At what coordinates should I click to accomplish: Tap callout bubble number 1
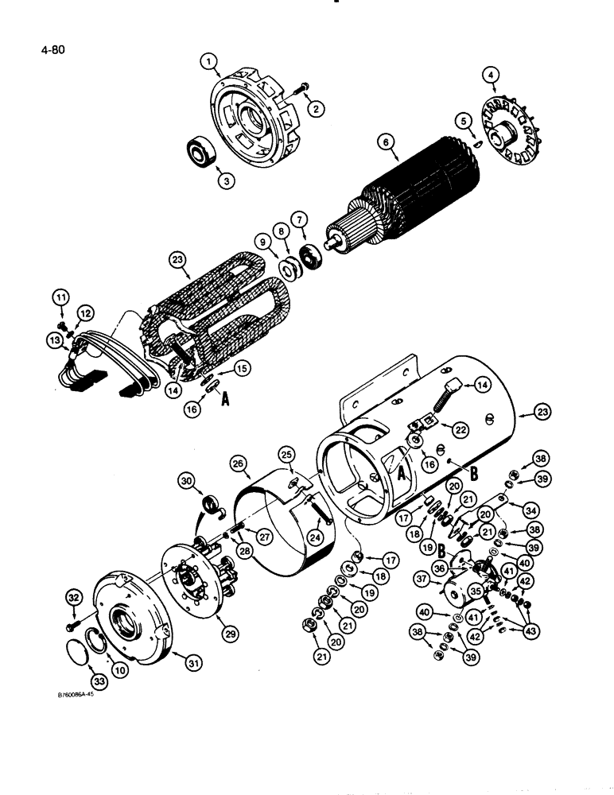click(x=208, y=60)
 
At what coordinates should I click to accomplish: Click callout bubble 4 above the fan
click(x=492, y=77)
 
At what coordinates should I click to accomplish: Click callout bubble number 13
click(x=54, y=339)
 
